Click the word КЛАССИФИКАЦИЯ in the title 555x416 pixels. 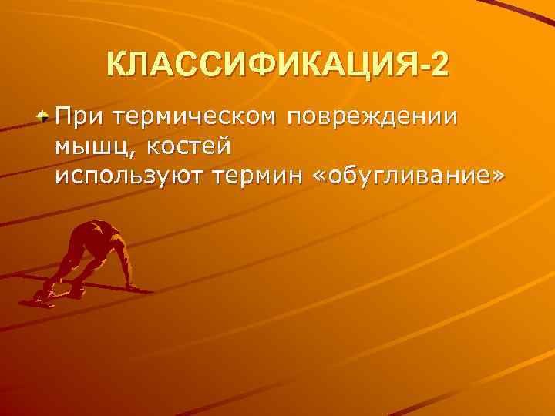[261, 66]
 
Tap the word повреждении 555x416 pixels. [372, 117]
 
